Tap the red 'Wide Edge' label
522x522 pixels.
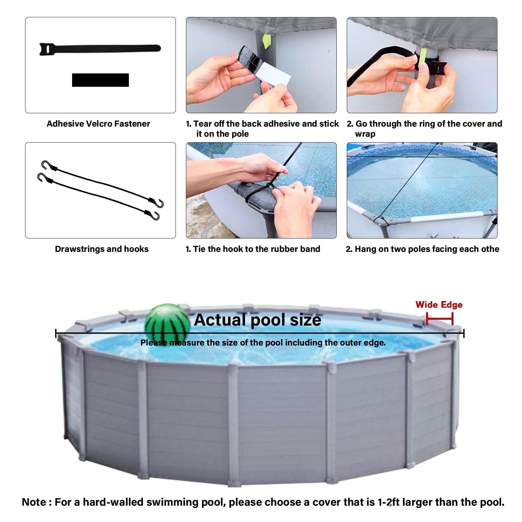tap(439, 305)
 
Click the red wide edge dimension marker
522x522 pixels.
tap(439, 319)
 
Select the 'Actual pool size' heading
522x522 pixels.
tap(257, 320)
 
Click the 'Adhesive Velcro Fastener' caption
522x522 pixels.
tap(98, 124)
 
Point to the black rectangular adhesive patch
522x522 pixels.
tap(100, 80)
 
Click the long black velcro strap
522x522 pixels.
tap(100, 49)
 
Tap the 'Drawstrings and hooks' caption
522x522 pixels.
tap(101, 249)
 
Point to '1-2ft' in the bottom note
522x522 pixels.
tap(389, 502)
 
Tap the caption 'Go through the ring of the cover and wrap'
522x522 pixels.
tap(424, 129)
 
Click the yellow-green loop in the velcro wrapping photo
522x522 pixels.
tap(423, 57)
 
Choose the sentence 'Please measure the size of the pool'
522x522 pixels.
tap(263, 343)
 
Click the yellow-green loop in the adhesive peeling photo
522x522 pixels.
tap(267, 41)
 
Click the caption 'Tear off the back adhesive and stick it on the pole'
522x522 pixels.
tap(262, 129)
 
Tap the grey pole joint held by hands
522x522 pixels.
tap(258, 196)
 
